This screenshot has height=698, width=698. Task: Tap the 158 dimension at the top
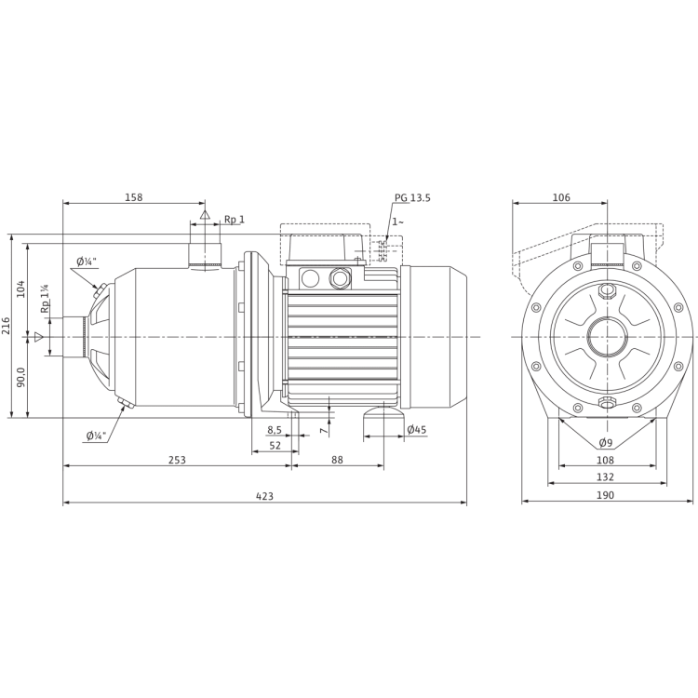[134, 197]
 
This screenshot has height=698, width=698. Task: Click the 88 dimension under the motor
[338, 458]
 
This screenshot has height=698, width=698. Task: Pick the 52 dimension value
[275, 445]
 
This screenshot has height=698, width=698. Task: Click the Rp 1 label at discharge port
[234, 220]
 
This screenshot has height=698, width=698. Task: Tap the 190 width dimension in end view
[606, 493]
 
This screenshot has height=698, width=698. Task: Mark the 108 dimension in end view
[606, 458]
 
